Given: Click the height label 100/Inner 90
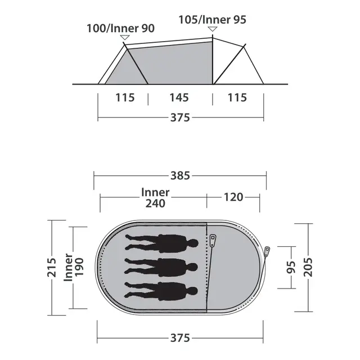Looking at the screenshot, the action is click(120, 29).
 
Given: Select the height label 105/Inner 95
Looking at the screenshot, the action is click(213, 20).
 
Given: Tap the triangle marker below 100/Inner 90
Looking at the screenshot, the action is click(125, 38).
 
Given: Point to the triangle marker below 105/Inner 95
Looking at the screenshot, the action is click(213, 29).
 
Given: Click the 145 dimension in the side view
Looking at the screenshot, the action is click(179, 97).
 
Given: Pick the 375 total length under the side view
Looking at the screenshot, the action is click(180, 118).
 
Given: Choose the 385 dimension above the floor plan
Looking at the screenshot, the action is click(180, 175).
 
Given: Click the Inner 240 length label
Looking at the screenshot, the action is click(155, 198).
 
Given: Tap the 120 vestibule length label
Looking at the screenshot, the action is click(233, 197).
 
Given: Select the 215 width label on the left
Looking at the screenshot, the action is click(52, 267).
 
